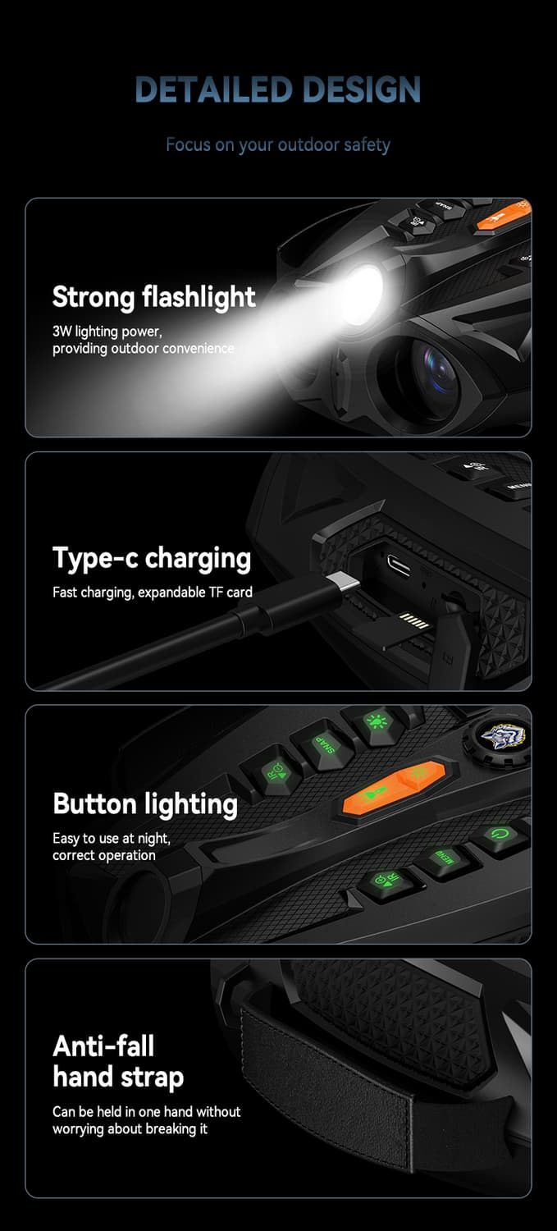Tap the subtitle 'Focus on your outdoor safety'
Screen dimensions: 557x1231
(278, 145)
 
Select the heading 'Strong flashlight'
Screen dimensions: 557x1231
(153, 297)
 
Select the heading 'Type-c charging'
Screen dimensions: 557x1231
(152, 559)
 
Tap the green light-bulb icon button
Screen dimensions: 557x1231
(377, 722)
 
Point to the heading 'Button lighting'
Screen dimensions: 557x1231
(145, 804)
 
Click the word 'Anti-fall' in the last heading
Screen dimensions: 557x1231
(103, 1046)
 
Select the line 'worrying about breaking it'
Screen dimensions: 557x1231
(130, 1128)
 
